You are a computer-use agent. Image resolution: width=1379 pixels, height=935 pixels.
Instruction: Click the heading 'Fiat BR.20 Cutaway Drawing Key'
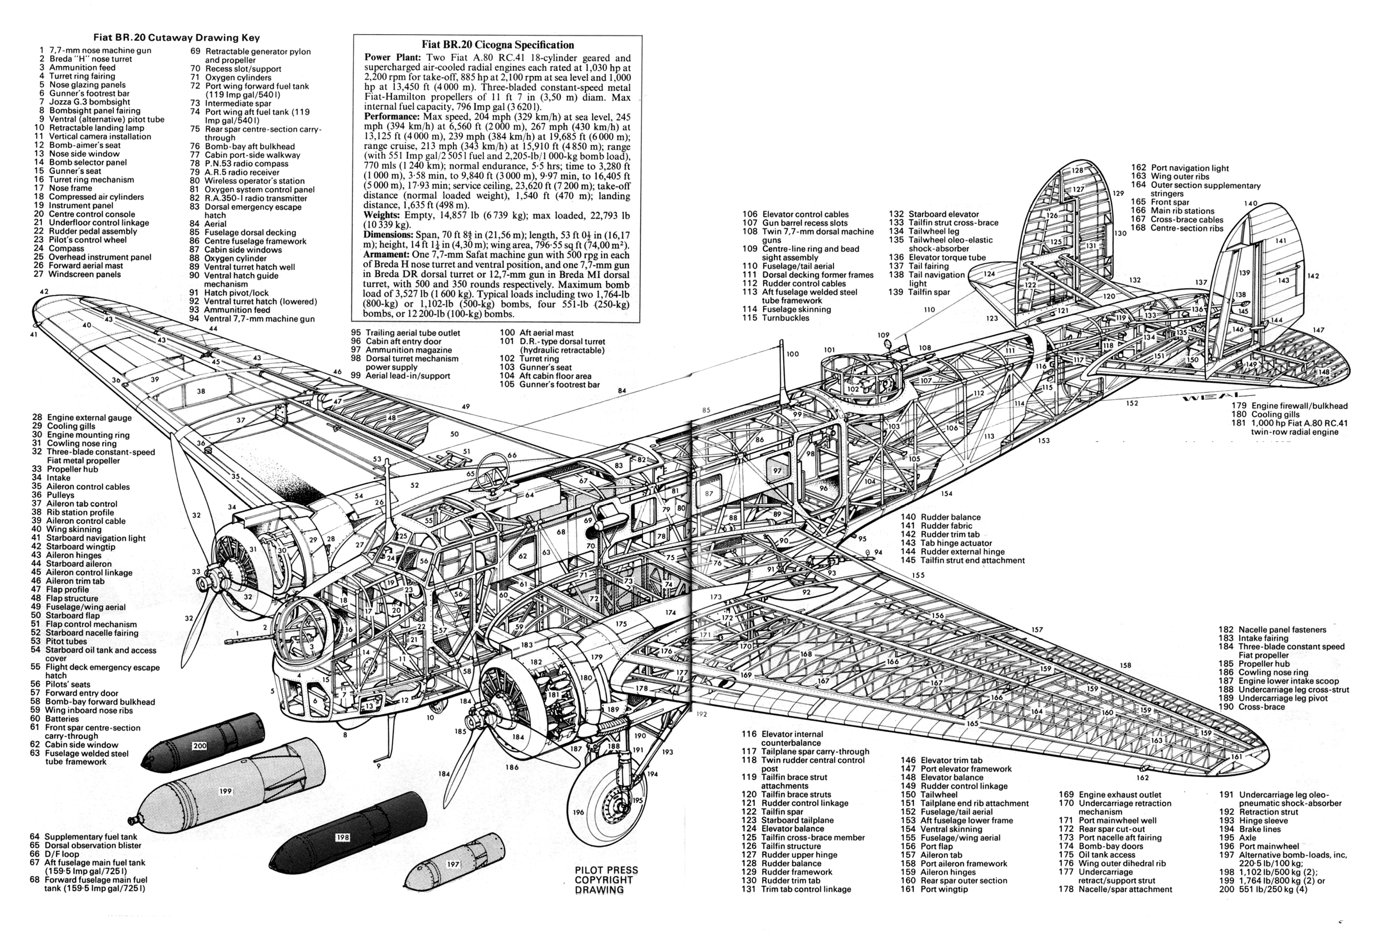point(176,38)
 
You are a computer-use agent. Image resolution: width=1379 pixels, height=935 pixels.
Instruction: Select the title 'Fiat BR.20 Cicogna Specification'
point(497,44)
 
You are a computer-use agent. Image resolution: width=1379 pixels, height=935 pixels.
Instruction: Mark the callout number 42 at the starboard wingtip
point(44,291)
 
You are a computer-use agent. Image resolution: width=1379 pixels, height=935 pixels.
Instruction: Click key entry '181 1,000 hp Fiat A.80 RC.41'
point(1292,423)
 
